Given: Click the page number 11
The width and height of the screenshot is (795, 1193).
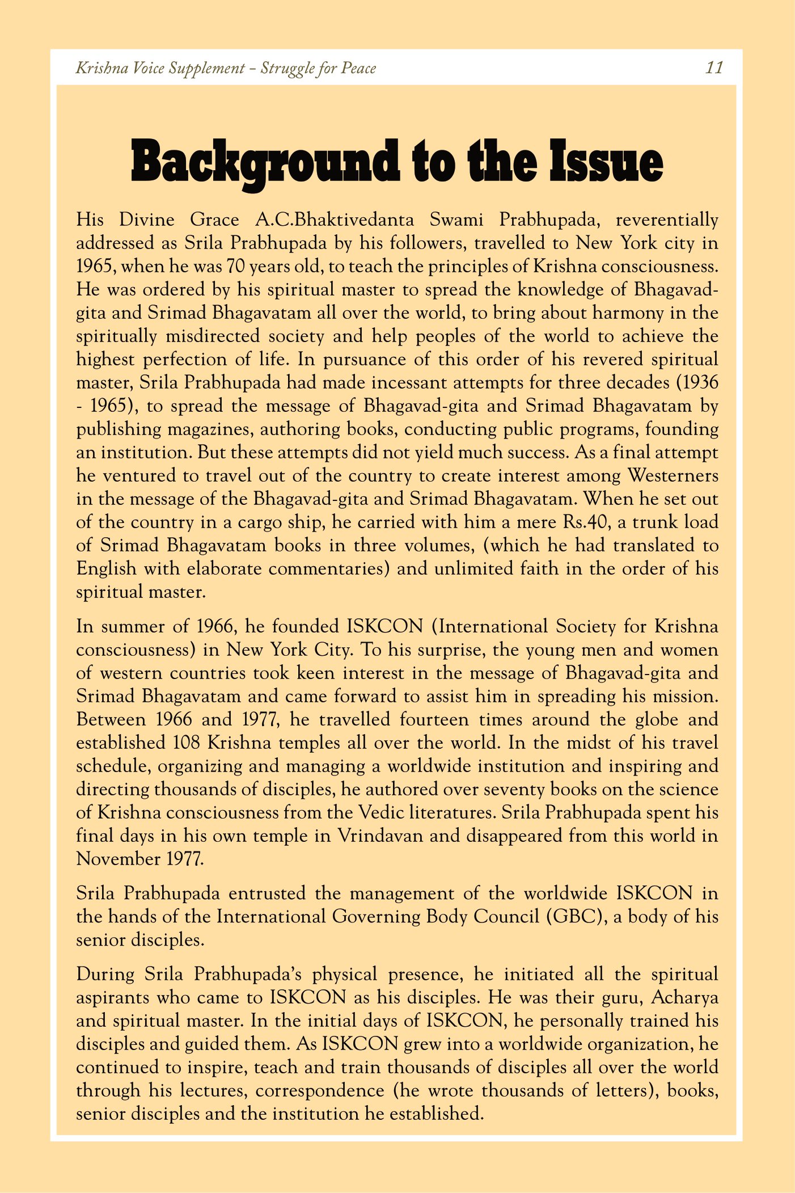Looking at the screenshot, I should (714, 68).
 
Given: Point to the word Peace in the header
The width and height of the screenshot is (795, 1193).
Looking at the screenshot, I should (358, 68).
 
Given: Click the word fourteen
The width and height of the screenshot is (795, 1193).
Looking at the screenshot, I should (434, 719).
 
